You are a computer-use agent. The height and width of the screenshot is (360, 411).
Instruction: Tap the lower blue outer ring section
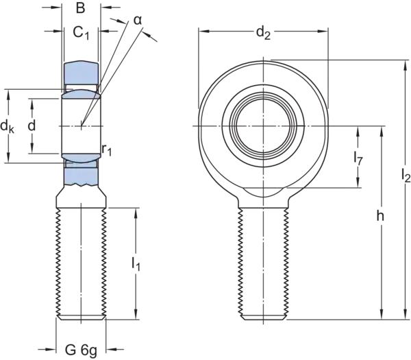pyautogui.click(x=81, y=177)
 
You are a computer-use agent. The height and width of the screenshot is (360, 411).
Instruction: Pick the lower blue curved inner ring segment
pyautogui.click(x=80, y=158)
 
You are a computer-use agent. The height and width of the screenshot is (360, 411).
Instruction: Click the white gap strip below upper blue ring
pyautogui.click(x=81, y=86)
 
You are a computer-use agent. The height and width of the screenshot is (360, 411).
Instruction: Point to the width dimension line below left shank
pyautogui.click(x=81, y=350)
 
